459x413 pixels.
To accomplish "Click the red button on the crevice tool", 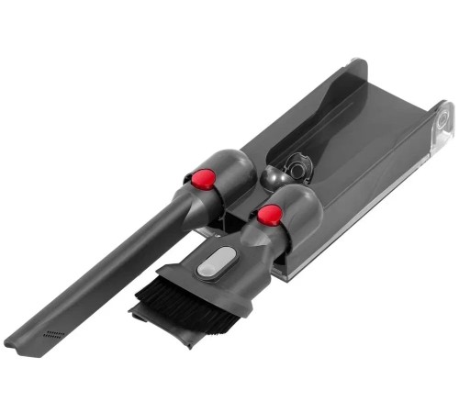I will point(203,178).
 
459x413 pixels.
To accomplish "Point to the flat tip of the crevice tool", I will point(20,344).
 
